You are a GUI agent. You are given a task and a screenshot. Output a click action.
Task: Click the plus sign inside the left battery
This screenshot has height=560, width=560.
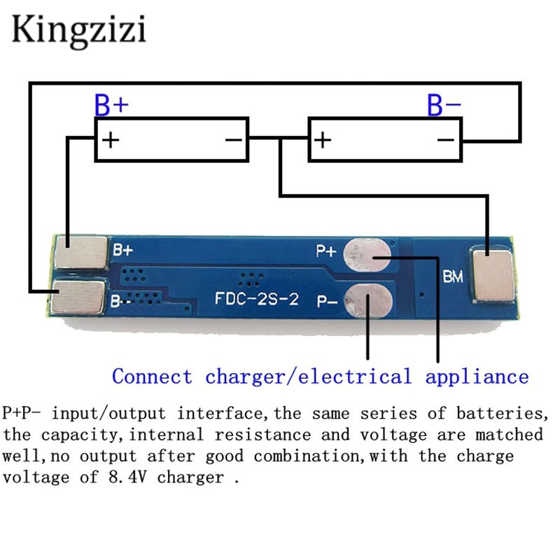(111, 139)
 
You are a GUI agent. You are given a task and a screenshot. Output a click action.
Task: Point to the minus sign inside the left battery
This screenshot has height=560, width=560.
(234, 139)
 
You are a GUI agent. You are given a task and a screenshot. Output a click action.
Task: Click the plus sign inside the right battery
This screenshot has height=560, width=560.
(322, 139)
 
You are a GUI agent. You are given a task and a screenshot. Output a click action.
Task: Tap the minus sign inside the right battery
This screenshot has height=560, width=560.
(446, 139)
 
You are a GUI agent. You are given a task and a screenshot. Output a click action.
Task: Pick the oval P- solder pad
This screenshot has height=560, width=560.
(369, 300)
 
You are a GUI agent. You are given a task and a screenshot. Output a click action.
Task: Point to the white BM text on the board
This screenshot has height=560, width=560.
(452, 278)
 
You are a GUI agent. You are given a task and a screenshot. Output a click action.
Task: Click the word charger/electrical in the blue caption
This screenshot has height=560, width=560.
(308, 377)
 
